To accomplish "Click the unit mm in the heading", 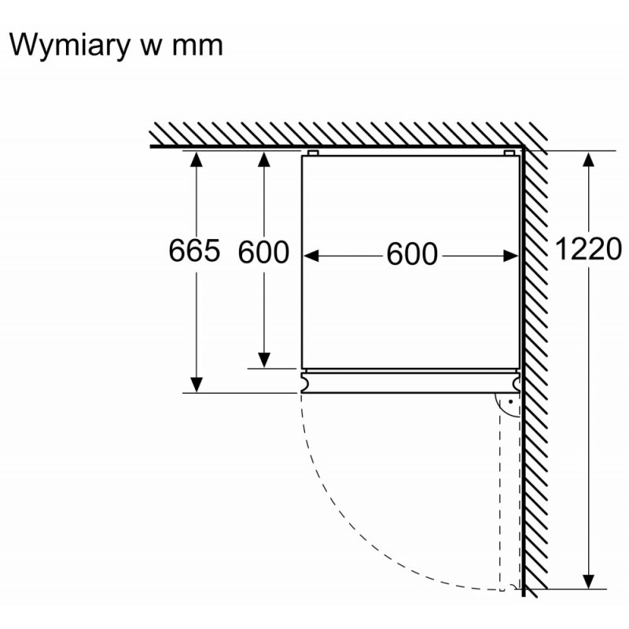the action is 197,46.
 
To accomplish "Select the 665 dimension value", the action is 194,250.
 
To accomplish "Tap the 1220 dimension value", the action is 588,248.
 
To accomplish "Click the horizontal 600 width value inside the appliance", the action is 412,254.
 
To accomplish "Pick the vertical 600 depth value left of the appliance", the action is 263,252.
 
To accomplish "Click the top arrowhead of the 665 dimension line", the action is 196,159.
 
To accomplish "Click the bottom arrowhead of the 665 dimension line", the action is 196,385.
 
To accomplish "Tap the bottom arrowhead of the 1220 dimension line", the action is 588,581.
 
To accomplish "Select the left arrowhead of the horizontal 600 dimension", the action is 311,256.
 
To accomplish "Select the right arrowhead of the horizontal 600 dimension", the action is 510,256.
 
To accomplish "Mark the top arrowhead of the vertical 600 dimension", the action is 263,159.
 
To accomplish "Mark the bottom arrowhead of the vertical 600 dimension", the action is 263,360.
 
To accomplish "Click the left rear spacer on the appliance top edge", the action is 313,153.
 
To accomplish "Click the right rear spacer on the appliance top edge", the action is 509,153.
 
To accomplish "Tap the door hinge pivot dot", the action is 510,402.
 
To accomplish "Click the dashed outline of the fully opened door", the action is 502,502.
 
